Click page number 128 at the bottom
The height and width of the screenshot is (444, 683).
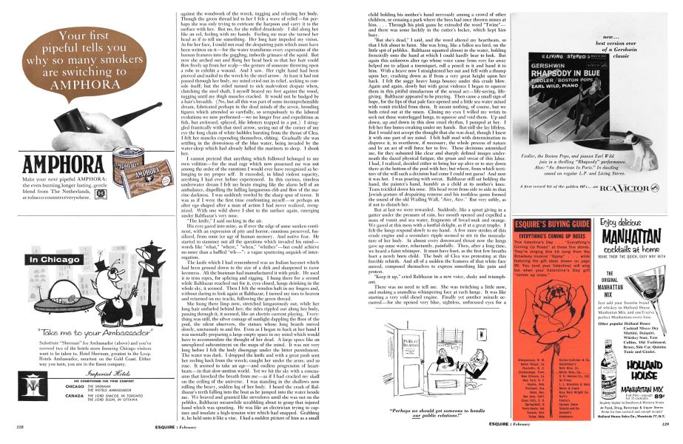pos(10,427)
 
